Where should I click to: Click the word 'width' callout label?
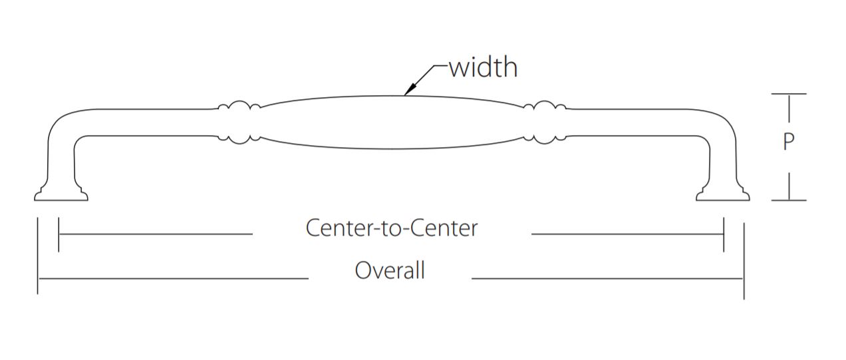click(x=483, y=67)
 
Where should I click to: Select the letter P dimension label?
click(x=788, y=142)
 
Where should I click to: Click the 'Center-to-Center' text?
click(x=392, y=228)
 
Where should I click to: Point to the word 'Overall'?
click(x=390, y=271)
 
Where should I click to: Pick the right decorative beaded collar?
click(x=545, y=122)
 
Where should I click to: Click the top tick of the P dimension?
click(x=789, y=94)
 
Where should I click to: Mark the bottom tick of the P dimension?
click(x=789, y=200)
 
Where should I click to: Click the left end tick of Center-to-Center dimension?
click(x=59, y=234)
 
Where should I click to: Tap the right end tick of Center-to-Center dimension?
click(x=723, y=234)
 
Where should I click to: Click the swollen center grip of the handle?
click(x=392, y=122)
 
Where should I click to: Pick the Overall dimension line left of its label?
click(x=173, y=277)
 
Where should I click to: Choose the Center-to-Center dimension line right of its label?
click(x=625, y=234)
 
